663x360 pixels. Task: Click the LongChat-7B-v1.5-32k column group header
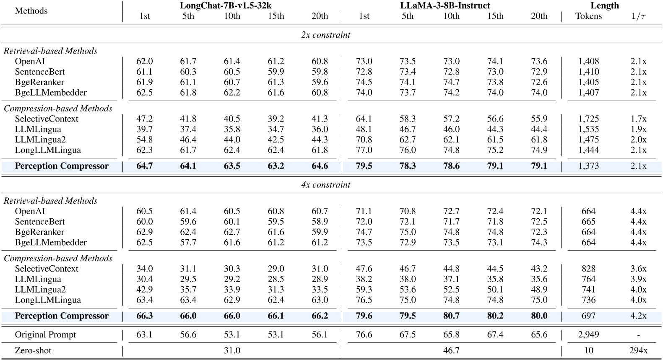(231, 5)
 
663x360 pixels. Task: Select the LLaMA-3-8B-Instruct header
(451, 5)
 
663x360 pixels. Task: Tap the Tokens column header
(588, 16)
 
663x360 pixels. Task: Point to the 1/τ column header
(638, 16)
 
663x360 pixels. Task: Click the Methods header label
(31, 11)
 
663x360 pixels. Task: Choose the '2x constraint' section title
(325, 35)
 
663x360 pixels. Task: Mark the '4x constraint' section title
(325, 185)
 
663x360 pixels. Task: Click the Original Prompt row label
(45, 335)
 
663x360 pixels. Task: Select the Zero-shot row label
(33, 350)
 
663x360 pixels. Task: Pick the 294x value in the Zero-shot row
(638, 350)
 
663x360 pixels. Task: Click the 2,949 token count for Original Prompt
(588, 335)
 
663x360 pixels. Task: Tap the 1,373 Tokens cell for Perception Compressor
(588, 166)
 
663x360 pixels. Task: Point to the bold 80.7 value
(451, 316)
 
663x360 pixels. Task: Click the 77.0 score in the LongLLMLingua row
(364, 150)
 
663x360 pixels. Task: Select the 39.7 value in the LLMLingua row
(144, 129)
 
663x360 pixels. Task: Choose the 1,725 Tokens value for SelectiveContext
(588, 119)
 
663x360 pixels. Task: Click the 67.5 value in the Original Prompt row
(407, 335)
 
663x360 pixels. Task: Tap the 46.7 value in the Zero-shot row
(451, 350)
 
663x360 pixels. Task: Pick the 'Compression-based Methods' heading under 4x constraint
(58, 258)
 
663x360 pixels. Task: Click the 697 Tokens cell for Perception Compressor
(588, 316)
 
